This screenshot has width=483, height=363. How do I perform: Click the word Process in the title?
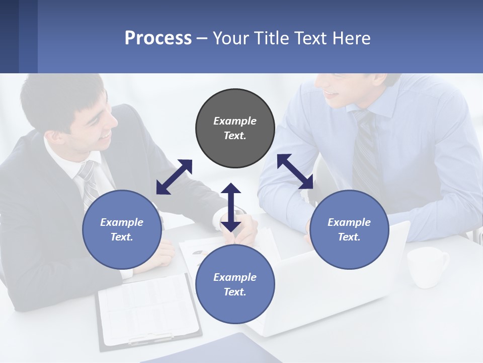[158, 38]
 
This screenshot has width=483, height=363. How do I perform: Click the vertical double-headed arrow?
[231, 207]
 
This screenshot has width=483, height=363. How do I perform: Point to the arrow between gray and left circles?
[174, 176]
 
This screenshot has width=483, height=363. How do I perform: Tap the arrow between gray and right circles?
[295, 171]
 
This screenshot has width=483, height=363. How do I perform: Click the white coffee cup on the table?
[427, 266]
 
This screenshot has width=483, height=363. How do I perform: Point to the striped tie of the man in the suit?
[90, 184]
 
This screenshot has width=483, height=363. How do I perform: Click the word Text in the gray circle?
[235, 136]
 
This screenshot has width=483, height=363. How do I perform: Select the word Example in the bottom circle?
[235, 277]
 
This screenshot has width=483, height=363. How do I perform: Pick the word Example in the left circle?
[122, 222]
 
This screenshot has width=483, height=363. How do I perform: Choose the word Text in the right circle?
[349, 237]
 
